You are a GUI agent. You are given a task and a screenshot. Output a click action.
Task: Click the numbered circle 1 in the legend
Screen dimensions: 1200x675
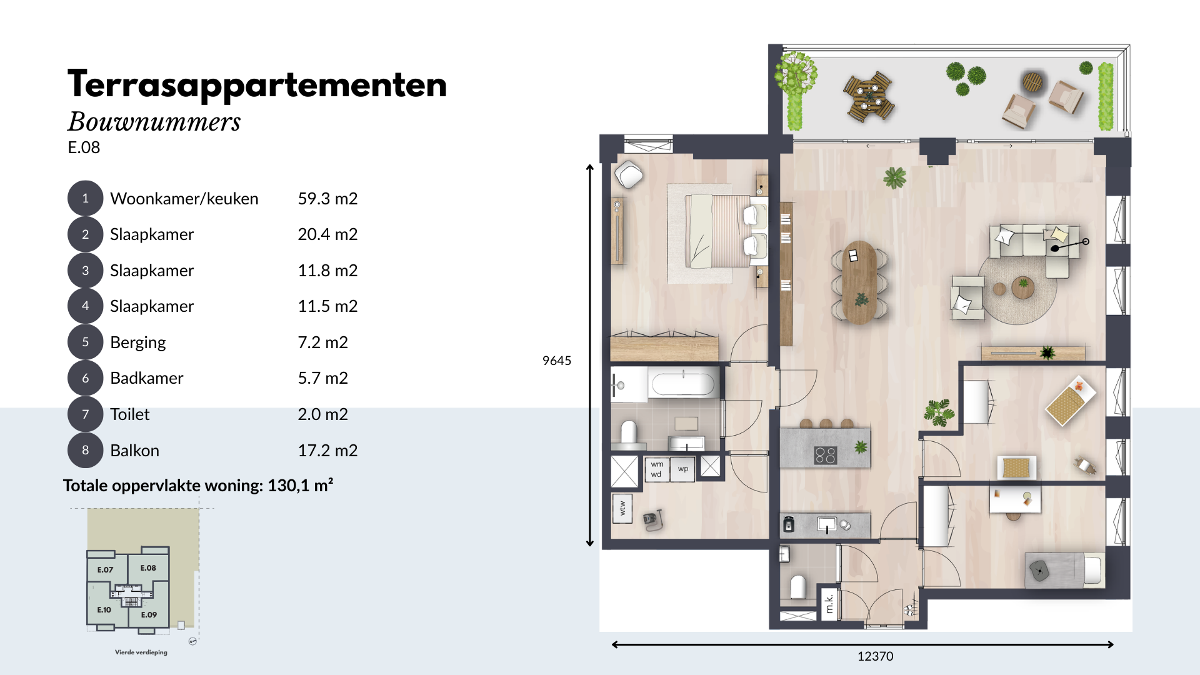[x=85, y=198]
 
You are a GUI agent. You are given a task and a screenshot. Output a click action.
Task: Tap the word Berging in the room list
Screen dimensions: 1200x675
[x=138, y=342]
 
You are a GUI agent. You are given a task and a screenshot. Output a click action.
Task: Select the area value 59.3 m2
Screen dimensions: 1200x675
[x=327, y=199]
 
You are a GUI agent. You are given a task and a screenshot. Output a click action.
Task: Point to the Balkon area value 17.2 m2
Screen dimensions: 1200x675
[x=327, y=451]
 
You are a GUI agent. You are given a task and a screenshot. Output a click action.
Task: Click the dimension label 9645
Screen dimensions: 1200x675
[x=557, y=361]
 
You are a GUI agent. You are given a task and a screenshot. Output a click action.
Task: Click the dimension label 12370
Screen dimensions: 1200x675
[x=875, y=656]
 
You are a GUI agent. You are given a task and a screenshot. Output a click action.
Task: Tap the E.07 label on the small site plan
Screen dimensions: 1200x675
[x=105, y=570]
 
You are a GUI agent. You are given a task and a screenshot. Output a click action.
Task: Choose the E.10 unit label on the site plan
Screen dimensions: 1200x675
[x=104, y=610]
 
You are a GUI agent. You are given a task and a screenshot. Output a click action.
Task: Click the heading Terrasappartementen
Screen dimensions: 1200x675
[x=257, y=85]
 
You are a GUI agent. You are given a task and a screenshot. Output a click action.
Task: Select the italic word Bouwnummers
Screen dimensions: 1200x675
[x=154, y=122]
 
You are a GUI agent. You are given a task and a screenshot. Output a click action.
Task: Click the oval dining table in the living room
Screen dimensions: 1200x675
[x=859, y=282]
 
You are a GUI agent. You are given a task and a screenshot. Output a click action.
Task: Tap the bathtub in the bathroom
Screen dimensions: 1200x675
[x=683, y=384]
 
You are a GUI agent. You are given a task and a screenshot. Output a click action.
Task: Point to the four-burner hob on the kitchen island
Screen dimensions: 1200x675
[x=825, y=455]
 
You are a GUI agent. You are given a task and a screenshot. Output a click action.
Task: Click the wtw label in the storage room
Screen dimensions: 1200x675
[x=622, y=509]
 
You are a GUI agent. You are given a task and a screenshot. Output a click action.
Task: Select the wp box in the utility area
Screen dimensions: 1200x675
[x=683, y=469]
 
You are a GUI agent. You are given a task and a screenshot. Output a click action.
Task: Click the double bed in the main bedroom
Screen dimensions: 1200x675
[x=719, y=231]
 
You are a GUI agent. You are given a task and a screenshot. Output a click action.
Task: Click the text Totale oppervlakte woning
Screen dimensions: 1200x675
[x=162, y=486]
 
